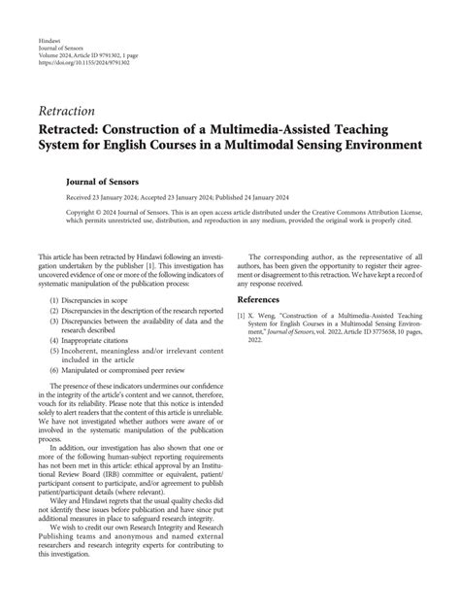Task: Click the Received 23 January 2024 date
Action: pyautogui.click(x=102, y=196)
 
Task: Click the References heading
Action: pyautogui.click(x=265, y=300)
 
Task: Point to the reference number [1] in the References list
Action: pyautogui.click(x=242, y=315)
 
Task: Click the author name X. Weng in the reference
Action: pyautogui.click(x=265, y=315)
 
